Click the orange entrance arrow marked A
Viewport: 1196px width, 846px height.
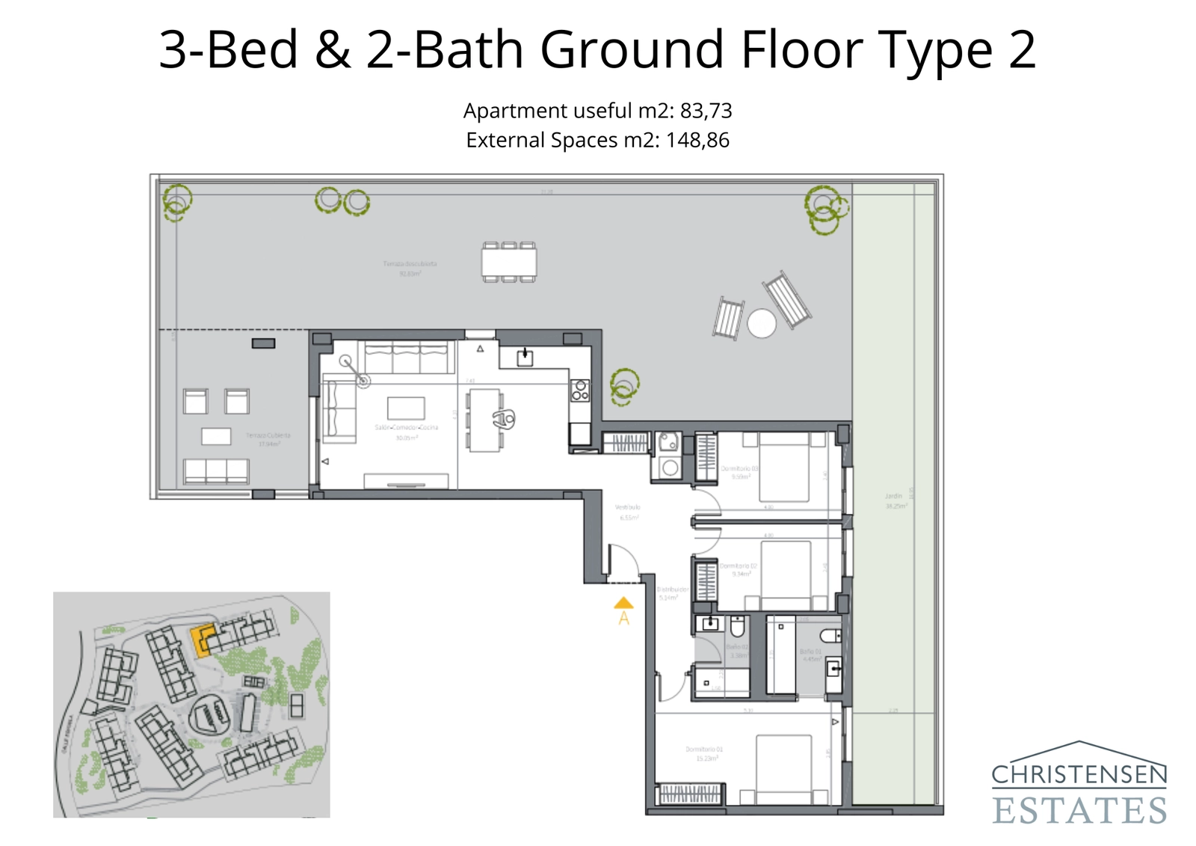coord(623,604)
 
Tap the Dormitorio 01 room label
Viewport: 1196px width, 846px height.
coord(704,749)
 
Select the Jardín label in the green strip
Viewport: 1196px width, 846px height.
coord(894,496)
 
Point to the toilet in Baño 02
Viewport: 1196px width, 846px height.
coord(737,625)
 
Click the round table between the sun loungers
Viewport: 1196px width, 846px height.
coord(762,324)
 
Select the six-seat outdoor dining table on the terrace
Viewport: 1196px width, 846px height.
coord(509,262)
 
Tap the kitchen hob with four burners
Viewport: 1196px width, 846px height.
coord(580,390)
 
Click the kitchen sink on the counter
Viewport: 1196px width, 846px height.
coord(525,358)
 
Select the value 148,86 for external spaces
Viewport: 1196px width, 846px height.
coord(697,140)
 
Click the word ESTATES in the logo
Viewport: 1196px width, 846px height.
coord(1079,811)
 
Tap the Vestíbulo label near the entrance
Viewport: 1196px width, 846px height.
coord(627,507)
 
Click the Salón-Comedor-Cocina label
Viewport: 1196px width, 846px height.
coord(406,427)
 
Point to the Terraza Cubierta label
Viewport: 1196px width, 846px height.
coord(268,435)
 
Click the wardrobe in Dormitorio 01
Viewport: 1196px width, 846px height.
coord(690,794)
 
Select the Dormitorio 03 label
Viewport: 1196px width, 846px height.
coord(739,468)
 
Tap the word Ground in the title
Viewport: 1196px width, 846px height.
coord(632,50)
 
